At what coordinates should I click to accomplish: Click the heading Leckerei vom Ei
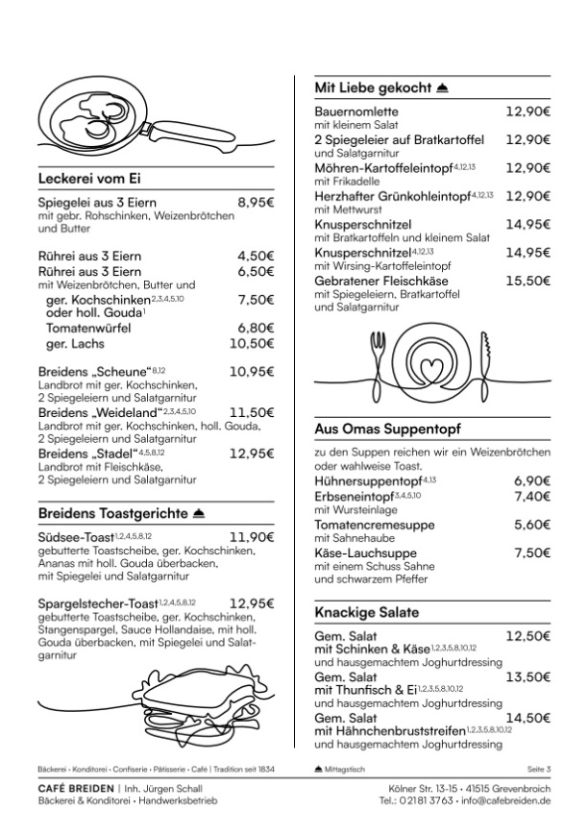point(89,178)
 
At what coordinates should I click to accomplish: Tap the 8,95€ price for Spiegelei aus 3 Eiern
point(256,203)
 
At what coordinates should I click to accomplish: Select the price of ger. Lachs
point(252,343)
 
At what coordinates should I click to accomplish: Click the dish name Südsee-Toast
point(76,537)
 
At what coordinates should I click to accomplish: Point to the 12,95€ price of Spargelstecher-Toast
point(252,603)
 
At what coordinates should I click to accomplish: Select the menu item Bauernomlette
point(356,111)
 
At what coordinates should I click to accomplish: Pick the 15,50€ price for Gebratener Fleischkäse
point(527,281)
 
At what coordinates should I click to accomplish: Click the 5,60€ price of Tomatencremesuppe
point(531,525)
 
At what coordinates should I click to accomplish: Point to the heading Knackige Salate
point(367,612)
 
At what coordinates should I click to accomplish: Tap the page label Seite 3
point(539,770)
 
